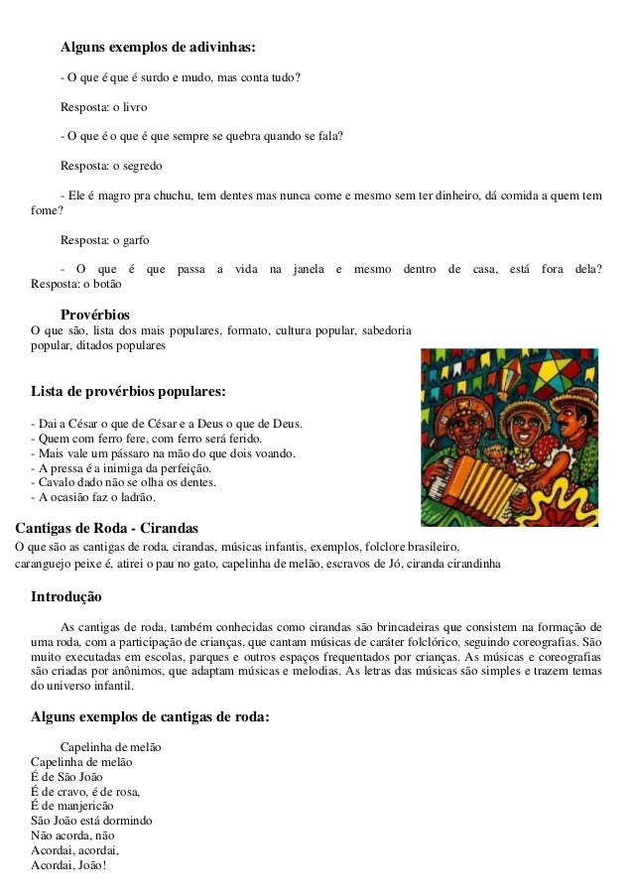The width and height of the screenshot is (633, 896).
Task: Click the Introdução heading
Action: coord(66,597)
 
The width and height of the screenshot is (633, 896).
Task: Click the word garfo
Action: coord(137,239)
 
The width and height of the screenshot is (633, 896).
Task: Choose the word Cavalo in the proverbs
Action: coord(50,482)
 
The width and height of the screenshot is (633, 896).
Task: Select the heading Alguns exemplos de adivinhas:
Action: coord(158,47)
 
